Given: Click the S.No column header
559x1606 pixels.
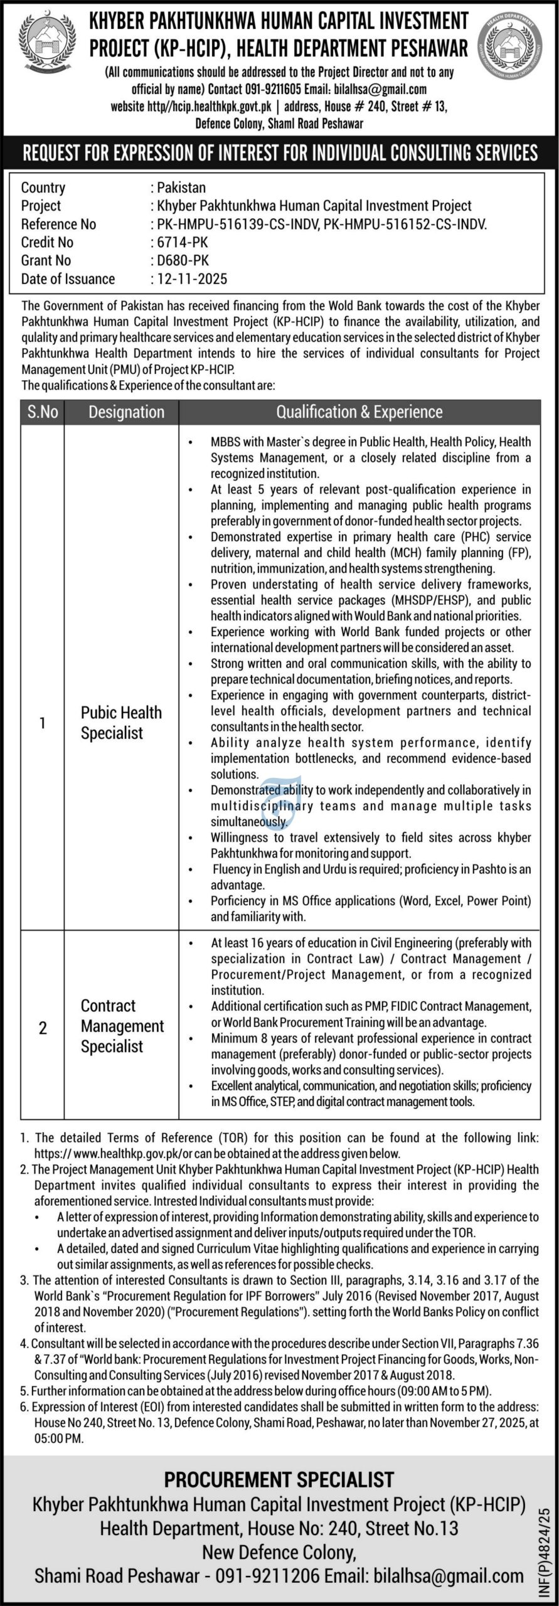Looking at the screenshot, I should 43,412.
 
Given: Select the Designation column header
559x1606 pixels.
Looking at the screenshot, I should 126,412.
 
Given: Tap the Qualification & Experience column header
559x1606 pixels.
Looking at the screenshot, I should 359,412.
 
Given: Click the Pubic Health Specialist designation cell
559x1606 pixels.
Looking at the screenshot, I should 121,722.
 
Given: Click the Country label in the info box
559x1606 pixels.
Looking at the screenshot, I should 43,187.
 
